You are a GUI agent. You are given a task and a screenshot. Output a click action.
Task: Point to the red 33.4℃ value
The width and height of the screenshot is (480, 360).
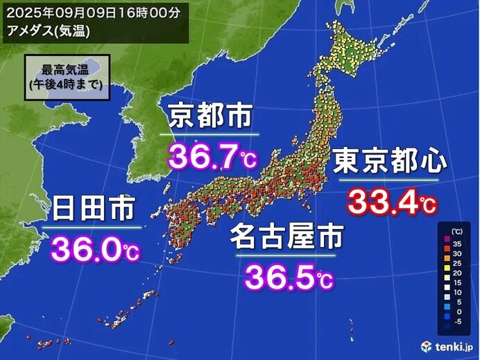pyautogui.click(x=391, y=202)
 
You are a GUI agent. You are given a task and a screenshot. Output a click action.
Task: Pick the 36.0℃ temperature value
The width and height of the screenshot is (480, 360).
pyautogui.click(x=92, y=248)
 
